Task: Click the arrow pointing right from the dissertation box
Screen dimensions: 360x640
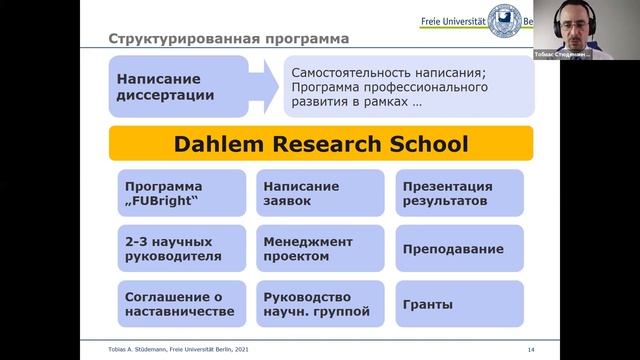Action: click(259, 86)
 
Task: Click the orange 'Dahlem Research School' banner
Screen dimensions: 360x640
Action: click(321, 145)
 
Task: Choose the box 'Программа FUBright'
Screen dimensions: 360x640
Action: click(179, 194)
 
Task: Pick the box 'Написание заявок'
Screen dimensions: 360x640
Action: click(319, 194)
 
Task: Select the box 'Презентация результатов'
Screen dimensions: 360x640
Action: click(459, 194)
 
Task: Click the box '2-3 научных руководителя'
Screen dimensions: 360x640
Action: click(179, 249)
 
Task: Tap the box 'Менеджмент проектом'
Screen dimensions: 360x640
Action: click(319, 249)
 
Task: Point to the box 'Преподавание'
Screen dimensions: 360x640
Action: click(459, 249)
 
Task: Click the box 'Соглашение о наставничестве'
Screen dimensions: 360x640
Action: click(179, 304)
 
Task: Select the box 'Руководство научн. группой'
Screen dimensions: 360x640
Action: click(319, 304)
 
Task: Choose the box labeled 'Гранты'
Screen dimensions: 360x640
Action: click(459, 304)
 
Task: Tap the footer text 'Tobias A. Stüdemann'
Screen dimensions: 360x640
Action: click(141, 347)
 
